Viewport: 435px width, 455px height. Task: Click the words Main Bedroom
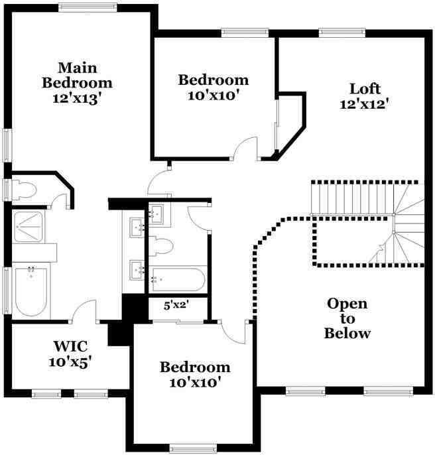coord(77,75)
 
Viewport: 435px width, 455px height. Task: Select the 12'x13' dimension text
coord(77,98)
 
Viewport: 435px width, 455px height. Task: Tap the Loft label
coord(364,88)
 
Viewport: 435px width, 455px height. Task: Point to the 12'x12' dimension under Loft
coord(364,103)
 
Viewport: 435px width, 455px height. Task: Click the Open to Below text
coord(347,318)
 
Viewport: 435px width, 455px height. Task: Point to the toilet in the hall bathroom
coord(161,247)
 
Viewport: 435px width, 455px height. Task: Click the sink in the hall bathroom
coord(156,213)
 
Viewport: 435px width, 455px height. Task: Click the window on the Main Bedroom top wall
coord(88,7)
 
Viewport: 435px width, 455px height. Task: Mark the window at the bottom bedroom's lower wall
coord(193,448)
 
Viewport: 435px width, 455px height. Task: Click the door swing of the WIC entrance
coord(84,310)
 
